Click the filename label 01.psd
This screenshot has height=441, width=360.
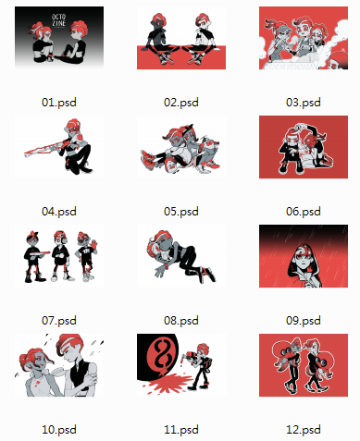59,103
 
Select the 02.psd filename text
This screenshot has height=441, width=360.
181,103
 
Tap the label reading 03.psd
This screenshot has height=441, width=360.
304,103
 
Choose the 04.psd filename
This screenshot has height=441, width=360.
59,212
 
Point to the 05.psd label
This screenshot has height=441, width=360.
181,212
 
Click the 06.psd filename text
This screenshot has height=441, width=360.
304,212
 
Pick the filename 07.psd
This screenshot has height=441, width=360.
59,321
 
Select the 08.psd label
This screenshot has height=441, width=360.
181,321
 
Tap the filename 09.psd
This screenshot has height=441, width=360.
304,321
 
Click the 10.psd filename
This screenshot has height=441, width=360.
59,430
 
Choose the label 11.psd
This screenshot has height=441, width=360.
181,430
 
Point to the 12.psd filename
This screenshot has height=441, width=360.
304,430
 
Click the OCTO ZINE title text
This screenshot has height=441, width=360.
58,20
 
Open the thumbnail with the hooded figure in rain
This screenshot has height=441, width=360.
304,256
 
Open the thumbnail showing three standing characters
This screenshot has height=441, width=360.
59,256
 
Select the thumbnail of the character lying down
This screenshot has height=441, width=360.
181,256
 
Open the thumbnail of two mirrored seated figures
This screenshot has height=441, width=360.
181,38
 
